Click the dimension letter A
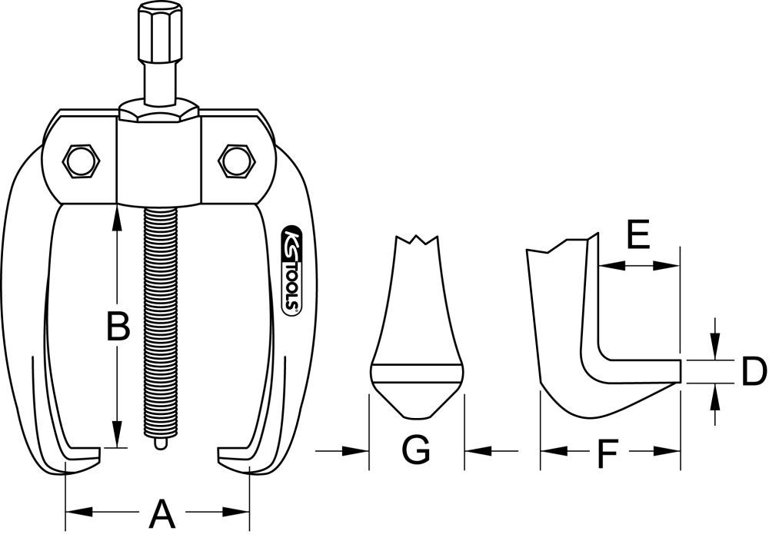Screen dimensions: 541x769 tap(161, 513)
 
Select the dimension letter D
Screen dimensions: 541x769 tap(753, 372)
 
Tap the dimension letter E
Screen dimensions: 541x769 tap(638, 235)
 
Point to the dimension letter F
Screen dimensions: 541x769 tap(608, 455)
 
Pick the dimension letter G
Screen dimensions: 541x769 tap(416, 450)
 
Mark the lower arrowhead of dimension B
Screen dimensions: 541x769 tap(117, 436)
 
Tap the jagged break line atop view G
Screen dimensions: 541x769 tap(417, 240)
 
